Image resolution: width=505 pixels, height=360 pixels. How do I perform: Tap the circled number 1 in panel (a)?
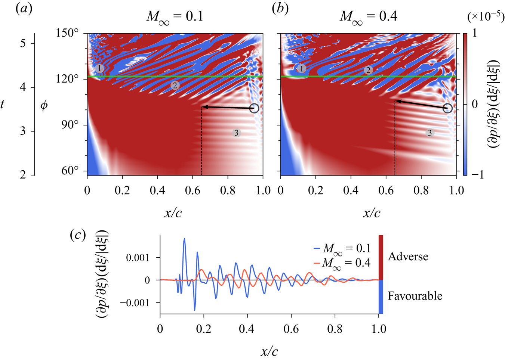(99, 69)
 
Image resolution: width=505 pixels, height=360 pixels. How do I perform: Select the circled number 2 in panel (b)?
(368, 70)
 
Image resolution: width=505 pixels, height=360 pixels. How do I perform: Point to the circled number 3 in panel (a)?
(236, 133)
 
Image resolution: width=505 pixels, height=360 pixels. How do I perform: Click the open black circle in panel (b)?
(447, 108)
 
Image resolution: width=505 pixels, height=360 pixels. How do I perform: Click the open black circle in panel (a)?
(254, 109)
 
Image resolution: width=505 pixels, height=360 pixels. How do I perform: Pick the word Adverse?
(408, 257)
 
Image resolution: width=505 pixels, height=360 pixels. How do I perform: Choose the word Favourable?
(415, 296)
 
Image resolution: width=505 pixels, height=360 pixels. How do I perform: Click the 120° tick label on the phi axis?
(67, 79)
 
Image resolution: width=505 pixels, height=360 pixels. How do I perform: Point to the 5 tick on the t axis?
(23, 43)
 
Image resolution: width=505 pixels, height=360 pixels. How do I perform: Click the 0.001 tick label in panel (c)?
(138, 258)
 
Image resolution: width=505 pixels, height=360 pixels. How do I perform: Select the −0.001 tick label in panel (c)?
(135, 303)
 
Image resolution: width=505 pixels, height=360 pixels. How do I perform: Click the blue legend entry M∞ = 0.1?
(342, 248)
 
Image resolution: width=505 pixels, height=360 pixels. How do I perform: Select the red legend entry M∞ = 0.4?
(342, 263)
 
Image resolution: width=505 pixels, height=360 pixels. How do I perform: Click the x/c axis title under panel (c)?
(269, 351)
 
